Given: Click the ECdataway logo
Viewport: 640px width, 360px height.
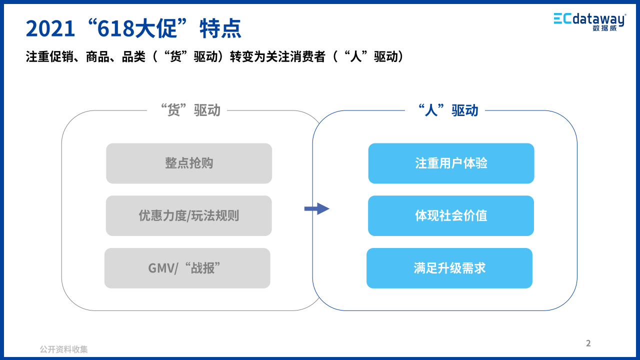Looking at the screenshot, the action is coord(590,21).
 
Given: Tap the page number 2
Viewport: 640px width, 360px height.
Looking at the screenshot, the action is coord(588,343).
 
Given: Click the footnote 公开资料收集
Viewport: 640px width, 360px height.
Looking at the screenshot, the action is coord(63,349).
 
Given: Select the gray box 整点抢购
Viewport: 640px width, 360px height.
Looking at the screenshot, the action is coord(189,163).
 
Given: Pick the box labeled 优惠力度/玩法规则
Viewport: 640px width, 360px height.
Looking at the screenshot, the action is coord(189,215).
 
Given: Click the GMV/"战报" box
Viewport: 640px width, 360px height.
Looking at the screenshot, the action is coord(187,268).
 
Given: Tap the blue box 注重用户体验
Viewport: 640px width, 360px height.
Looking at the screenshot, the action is coord(451,163).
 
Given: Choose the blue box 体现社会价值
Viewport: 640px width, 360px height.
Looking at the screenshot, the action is coord(451,215).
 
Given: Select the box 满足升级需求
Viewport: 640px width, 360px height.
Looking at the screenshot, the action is coord(449,268).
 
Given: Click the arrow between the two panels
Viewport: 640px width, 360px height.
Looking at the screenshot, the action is coord(317,209).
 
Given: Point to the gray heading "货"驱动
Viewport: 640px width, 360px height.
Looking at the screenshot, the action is coord(190,110).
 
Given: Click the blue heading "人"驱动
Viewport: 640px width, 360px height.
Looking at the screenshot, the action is coord(448,110).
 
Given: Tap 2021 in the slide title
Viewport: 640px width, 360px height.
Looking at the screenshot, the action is coord(50,28).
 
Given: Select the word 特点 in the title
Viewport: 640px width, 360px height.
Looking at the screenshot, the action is coord(220,28).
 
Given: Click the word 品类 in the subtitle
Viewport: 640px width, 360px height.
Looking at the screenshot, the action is coord(133,56).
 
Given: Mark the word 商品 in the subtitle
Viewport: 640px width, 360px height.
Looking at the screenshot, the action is coord(97,56).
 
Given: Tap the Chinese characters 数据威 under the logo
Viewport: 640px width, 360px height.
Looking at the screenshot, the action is coord(605,28).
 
